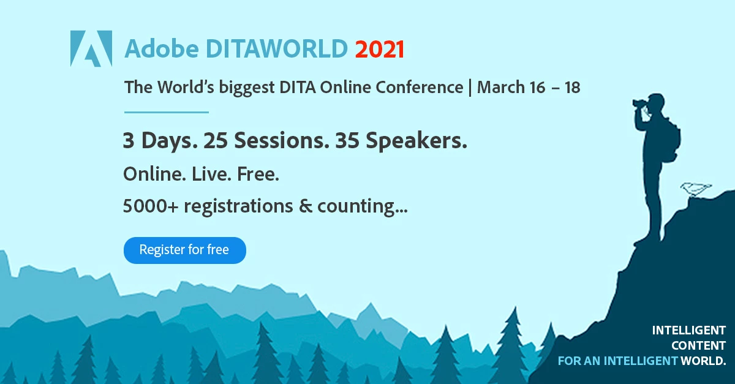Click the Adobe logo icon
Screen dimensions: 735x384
[x=91, y=48]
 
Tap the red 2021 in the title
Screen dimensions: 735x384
[x=380, y=49]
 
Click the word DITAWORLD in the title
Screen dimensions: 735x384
[x=277, y=49]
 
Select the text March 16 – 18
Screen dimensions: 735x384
[x=529, y=88]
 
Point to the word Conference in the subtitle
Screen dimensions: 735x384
[x=420, y=88]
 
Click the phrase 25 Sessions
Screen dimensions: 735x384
[x=266, y=140]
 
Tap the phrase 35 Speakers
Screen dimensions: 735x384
[x=401, y=141]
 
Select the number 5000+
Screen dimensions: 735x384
[x=151, y=206]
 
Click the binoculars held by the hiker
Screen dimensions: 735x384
[x=641, y=103]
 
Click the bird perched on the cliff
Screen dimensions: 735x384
[x=696, y=189]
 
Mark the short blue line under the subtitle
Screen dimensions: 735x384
[x=167, y=112]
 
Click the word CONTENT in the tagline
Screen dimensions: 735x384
[x=698, y=345]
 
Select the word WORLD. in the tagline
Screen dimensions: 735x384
[x=703, y=361]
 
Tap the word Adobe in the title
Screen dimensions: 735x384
[x=162, y=49]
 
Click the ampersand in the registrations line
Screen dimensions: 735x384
[x=306, y=206]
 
